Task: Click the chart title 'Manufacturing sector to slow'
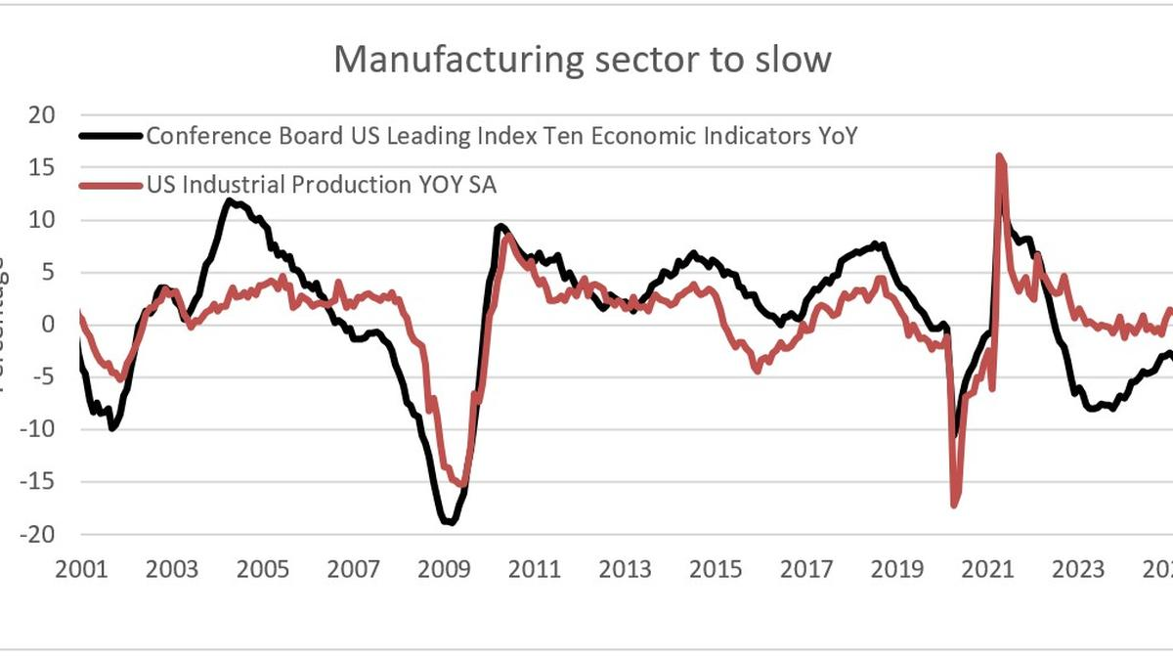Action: tap(582, 59)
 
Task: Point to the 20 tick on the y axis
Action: tap(41, 114)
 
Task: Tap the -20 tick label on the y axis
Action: tap(36, 535)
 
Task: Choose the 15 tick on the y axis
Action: tap(41, 167)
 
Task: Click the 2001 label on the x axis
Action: tap(80, 570)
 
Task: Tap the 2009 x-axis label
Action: tap(444, 570)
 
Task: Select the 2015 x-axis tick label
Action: tap(716, 570)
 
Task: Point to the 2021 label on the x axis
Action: tap(988, 570)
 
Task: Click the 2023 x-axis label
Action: tap(1079, 570)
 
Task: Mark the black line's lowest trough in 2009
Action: tap(450, 522)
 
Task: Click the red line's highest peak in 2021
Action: tap(999, 155)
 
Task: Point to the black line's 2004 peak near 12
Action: tap(229, 201)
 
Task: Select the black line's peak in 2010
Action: tap(500, 227)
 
